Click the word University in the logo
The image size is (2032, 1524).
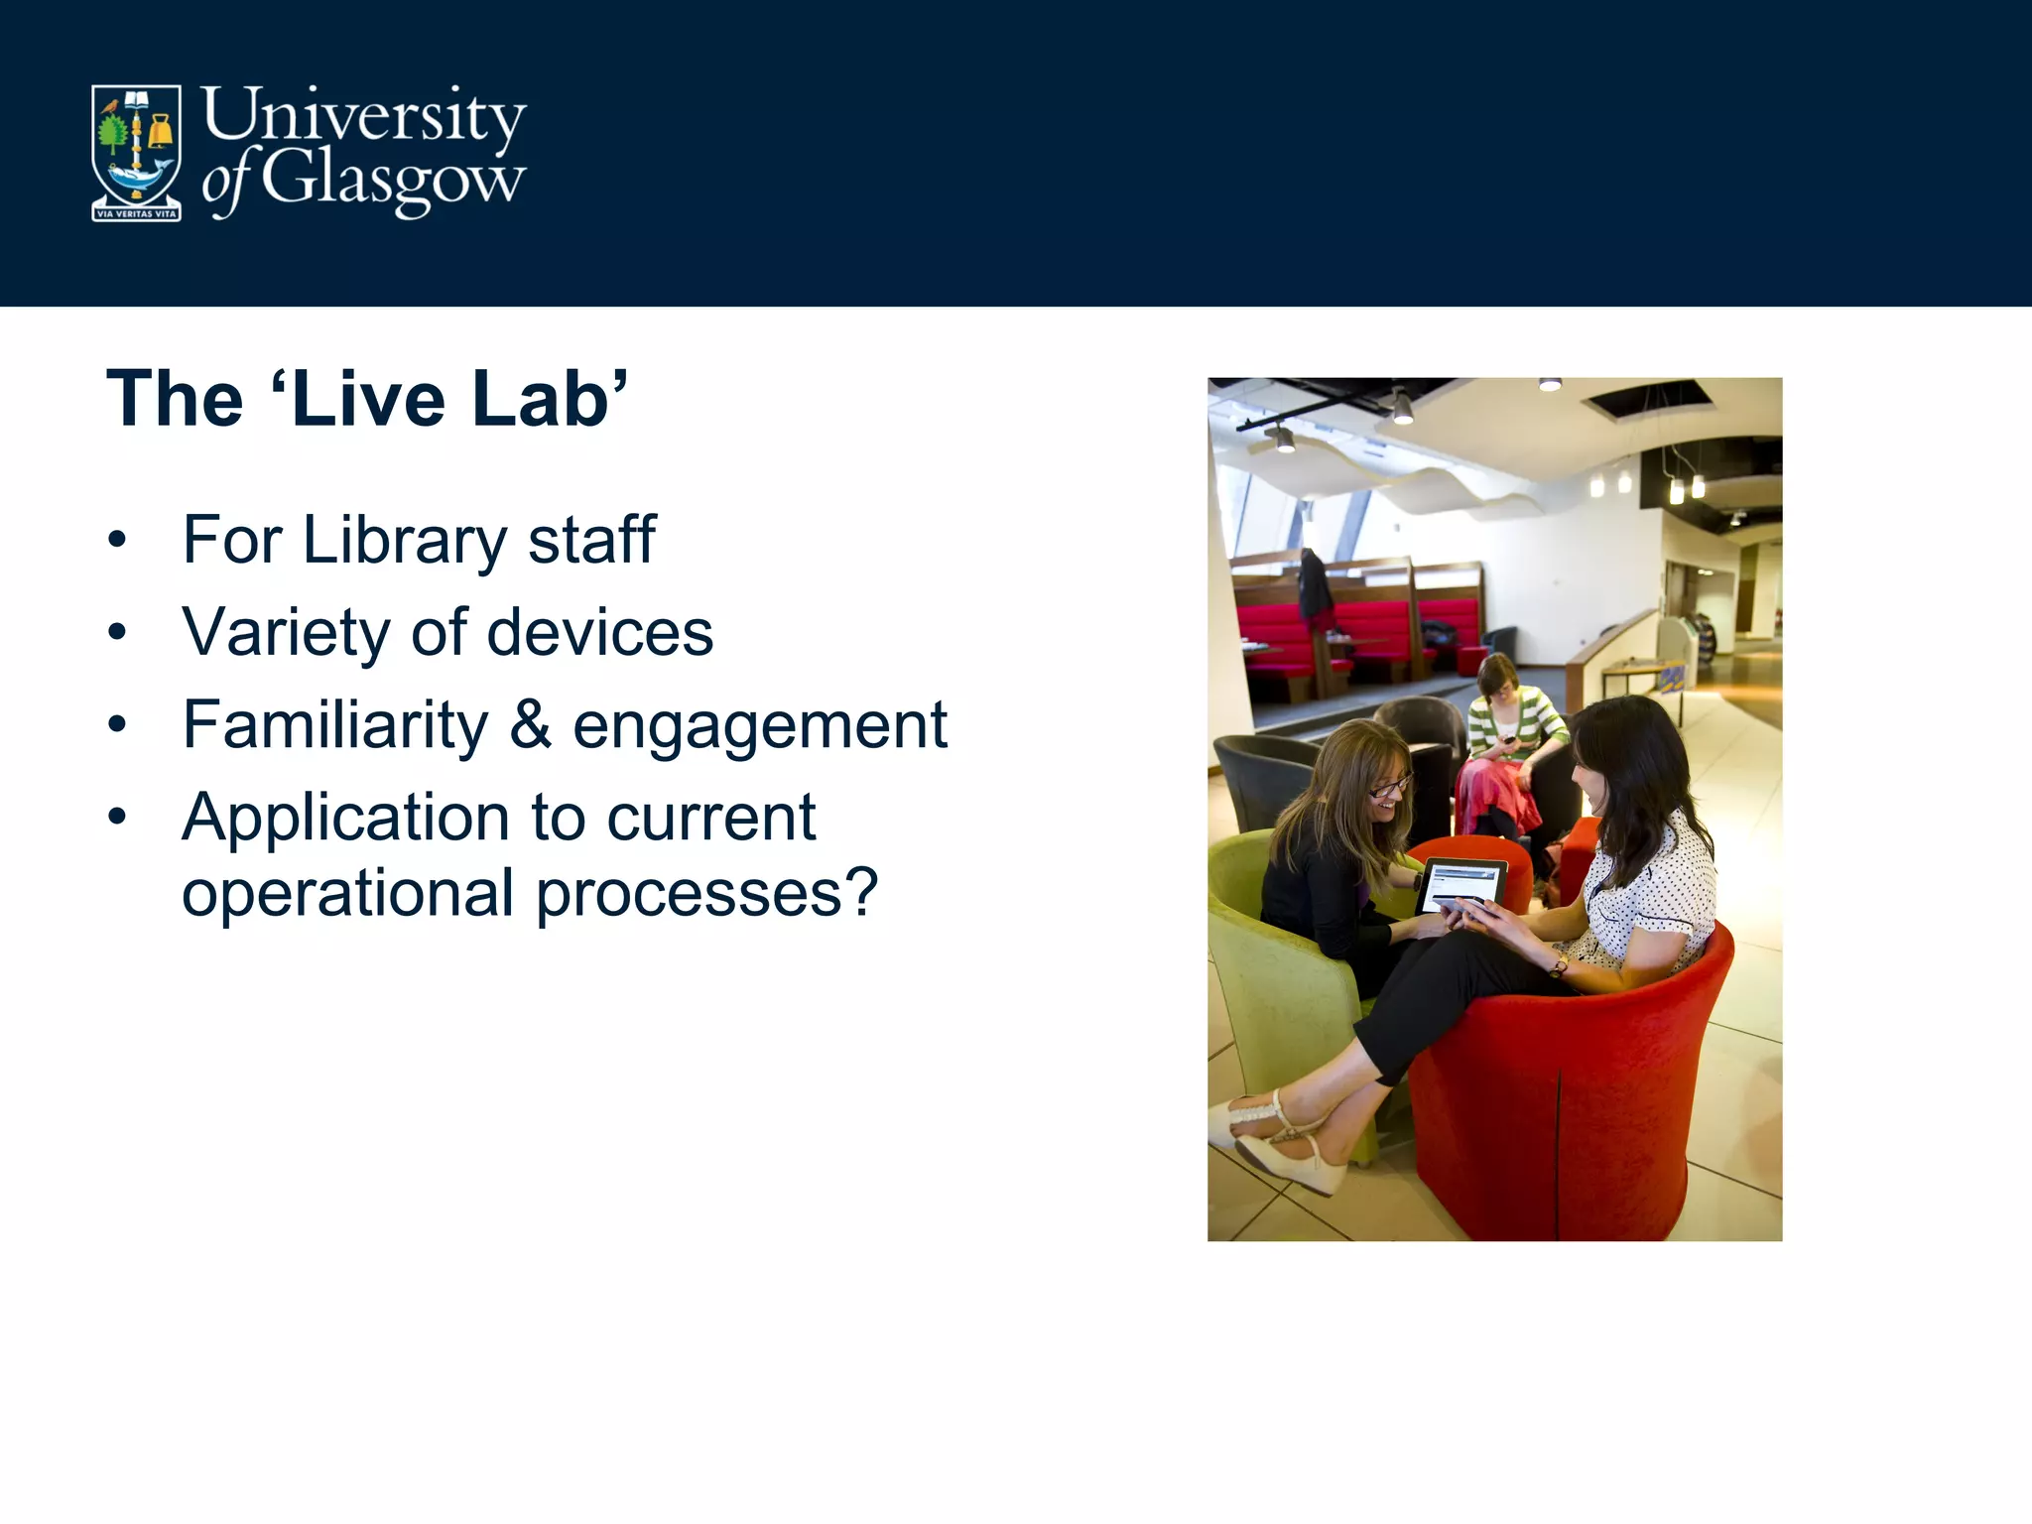pos(363,115)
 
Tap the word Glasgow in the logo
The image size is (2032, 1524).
pos(394,179)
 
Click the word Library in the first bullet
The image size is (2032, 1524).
pos(405,541)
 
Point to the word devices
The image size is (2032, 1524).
pos(599,632)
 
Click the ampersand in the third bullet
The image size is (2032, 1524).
pos(530,724)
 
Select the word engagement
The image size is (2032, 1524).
pos(760,726)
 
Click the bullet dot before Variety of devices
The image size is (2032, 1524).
pos(118,632)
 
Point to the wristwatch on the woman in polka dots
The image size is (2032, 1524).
pos(1558,965)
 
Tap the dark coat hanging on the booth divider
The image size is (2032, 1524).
pos(1316,585)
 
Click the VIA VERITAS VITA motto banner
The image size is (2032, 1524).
pos(137,213)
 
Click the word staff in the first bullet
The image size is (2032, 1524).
pos(591,541)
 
